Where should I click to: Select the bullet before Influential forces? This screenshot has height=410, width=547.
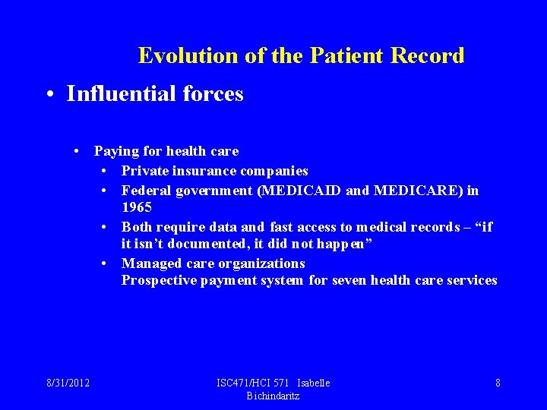(x=49, y=94)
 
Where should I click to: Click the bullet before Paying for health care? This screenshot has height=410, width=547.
(x=77, y=151)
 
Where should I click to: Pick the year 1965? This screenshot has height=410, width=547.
(x=137, y=207)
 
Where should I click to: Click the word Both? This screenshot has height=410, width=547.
(x=137, y=227)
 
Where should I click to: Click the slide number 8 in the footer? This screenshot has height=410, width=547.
(x=498, y=383)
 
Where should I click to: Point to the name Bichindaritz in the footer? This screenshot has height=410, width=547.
(x=273, y=396)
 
